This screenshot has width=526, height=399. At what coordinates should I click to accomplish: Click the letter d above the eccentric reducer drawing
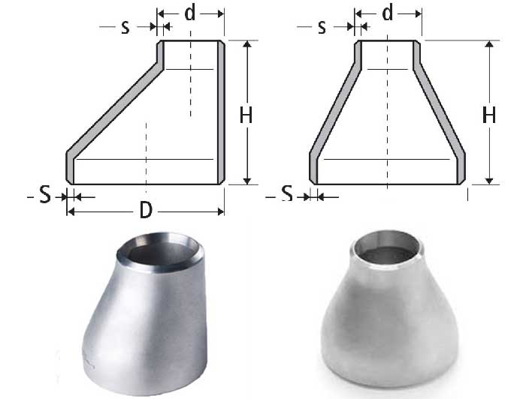pyautogui.click(x=191, y=13)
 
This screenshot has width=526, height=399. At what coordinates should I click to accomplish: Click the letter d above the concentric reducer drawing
pyautogui.click(x=388, y=13)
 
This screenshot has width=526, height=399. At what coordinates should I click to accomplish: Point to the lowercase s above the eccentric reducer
pyautogui.click(x=125, y=27)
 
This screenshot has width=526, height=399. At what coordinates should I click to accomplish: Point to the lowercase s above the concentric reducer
pyautogui.click(x=322, y=27)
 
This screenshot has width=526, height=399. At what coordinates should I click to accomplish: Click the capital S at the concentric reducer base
pyautogui.click(x=286, y=194)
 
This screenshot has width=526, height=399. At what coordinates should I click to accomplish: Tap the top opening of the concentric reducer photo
pyautogui.click(x=388, y=250)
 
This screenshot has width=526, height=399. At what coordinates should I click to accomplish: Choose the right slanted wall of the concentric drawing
pyautogui.click(x=440, y=112)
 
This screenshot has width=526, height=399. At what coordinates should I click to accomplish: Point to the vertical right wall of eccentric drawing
pyautogui.click(x=221, y=112)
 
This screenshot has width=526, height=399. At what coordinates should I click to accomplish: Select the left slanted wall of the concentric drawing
pyautogui.click(x=335, y=112)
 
